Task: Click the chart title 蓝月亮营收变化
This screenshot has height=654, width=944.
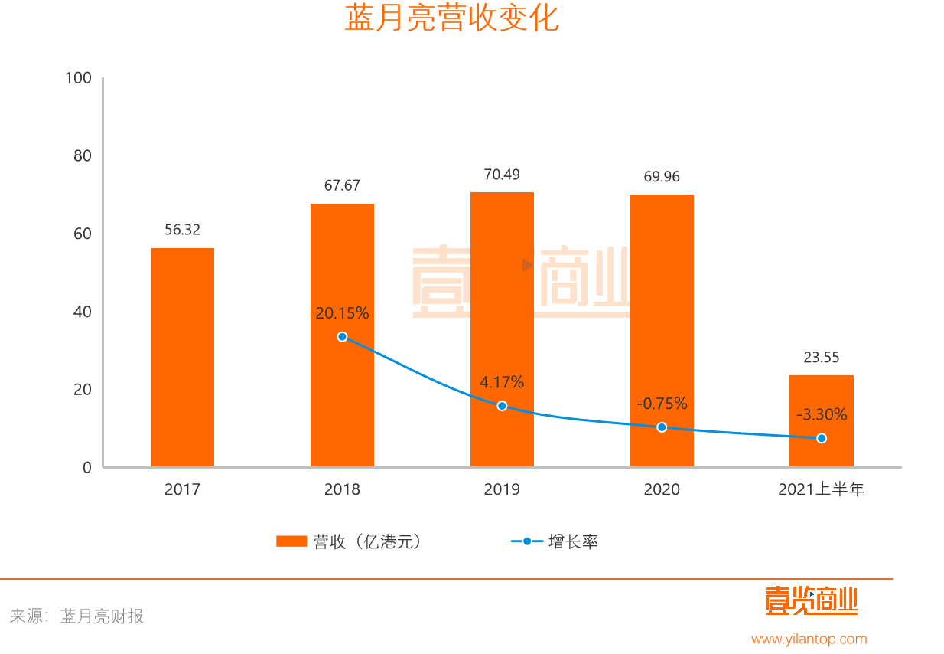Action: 451,18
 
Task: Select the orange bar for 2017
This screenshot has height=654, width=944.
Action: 182,357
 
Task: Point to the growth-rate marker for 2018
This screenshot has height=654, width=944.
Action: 342,337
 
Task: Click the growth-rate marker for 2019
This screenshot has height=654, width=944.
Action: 502,406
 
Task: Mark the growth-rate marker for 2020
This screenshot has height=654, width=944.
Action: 662,427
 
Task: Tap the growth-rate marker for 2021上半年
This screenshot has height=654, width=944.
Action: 822,438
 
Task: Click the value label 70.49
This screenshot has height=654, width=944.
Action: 502,175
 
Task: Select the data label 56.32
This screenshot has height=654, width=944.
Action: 182,230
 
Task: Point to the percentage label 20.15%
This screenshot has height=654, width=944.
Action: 342,313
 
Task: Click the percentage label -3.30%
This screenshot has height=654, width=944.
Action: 822,415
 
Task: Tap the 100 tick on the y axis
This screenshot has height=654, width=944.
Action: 79,78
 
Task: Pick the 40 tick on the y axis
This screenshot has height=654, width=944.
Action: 82,312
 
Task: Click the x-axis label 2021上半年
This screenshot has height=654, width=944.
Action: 821,489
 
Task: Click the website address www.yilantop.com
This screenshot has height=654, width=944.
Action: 809,639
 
